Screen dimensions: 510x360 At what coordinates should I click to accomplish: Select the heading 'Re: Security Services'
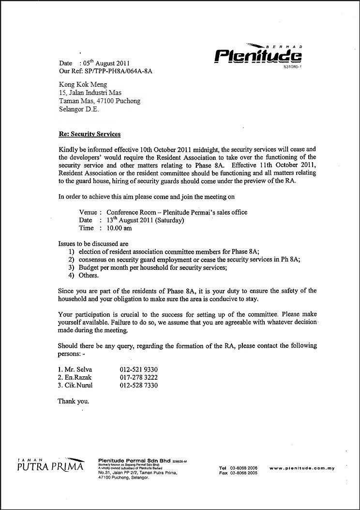click(x=89, y=134)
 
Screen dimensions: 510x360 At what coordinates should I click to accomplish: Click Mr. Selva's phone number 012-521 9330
click(x=139, y=370)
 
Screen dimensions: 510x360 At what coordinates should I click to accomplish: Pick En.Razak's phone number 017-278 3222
click(x=139, y=377)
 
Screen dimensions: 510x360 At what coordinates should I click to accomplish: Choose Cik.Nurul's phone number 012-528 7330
click(x=139, y=386)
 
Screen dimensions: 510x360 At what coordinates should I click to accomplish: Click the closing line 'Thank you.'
click(x=73, y=401)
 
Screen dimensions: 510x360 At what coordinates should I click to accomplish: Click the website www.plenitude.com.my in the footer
click(x=302, y=468)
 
